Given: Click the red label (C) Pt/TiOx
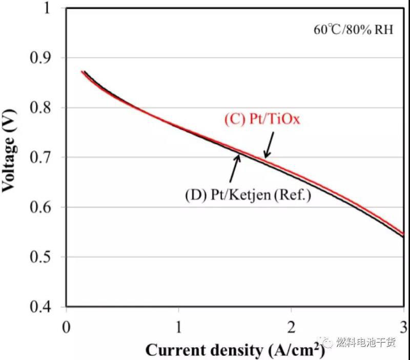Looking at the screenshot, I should click(x=261, y=120).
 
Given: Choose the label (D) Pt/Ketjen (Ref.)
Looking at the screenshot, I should click(x=248, y=195).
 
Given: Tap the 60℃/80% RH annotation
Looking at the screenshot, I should click(x=353, y=30).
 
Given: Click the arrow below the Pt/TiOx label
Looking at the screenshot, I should click(x=269, y=144).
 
